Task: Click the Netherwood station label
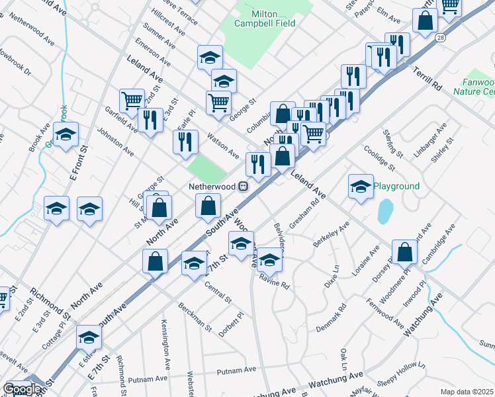click(x=211, y=187)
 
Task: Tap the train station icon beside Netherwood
click(x=244, y=187)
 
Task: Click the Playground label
click(x=396, y=186)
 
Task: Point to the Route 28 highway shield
click(x=440, y=39)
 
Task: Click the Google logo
click(x=22, y=389)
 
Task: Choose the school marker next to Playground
click(x=361, y=185)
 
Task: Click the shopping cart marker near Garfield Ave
click(x=132, y=100)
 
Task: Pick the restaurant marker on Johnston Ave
click(x=185, y=141)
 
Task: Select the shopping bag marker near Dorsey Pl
click(x=404, y=251)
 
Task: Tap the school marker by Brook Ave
click(x=66, y=134)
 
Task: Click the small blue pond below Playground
click(x=384, y=212)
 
